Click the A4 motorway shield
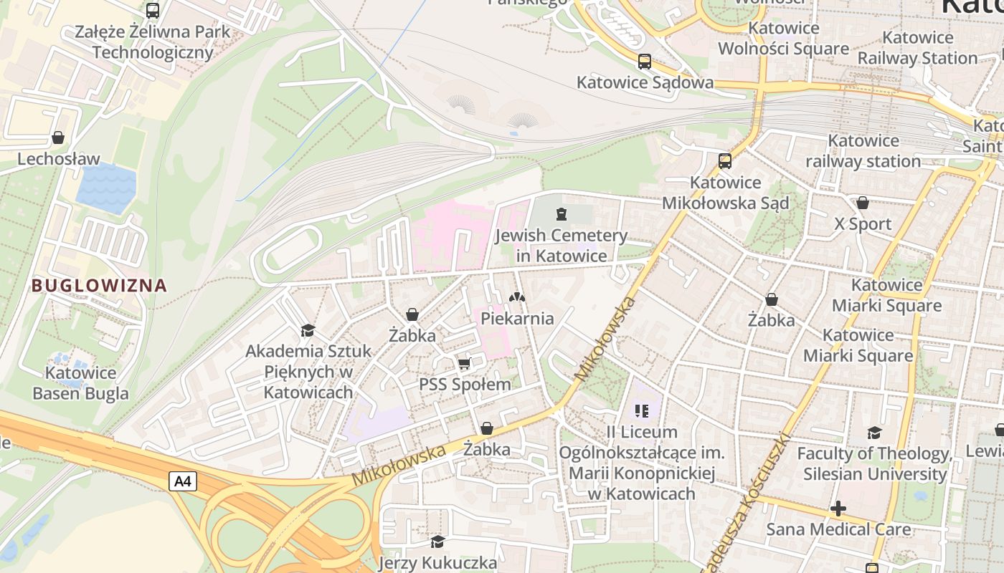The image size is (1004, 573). [x=183, y=481]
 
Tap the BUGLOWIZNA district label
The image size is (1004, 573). [x=99, y=286]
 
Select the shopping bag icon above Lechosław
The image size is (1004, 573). [x=58, y=138]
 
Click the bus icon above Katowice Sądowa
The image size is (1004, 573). [x=645, y=62]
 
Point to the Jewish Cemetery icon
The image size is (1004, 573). [x=561, y=213]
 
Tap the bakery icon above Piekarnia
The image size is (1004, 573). [x=516, y=297]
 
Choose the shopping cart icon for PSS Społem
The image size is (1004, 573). [x=464, y=364]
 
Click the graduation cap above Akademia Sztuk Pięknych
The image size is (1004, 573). [x=308, y=330]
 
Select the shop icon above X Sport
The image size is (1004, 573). [x=863, y=203]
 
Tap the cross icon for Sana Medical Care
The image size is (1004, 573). [x=838, y=509]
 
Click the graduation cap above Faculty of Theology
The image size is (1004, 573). [x=874, y=433]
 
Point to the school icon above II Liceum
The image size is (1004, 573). [x=642, y=411]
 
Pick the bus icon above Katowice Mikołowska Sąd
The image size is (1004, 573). [x=725, y=161]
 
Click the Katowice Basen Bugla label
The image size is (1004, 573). [x=80, y=383]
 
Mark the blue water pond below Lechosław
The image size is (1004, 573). [x=106, y=188]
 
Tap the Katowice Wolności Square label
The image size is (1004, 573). [x=783, y=39]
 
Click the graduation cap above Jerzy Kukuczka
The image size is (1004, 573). [x=437, y=541]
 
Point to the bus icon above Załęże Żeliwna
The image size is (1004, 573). [x=153, y=11]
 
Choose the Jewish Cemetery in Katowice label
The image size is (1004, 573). [x=561, y=245]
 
